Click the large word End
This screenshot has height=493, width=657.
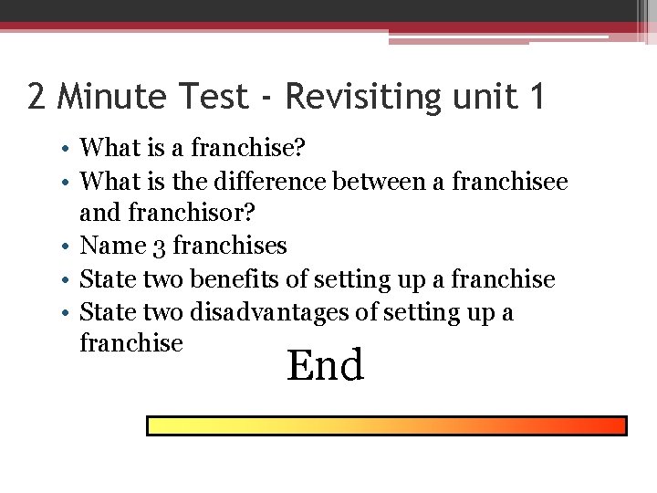coord(326,365)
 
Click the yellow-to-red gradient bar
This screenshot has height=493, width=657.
coord(387,426)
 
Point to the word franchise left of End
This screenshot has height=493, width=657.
coord(132,343)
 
